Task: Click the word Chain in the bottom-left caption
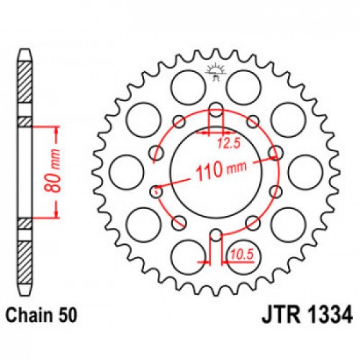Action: (x=30, y=315)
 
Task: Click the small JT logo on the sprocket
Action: (x=213, y=71)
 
